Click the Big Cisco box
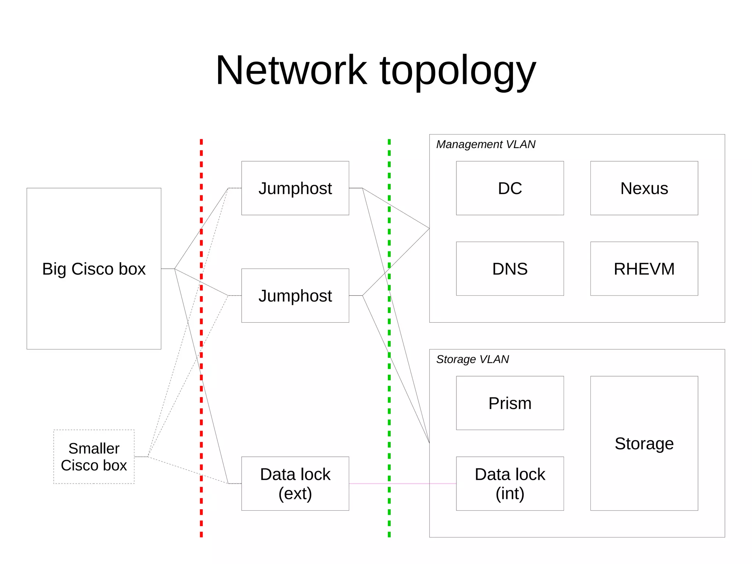click(x=94, y=269)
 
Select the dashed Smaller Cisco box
click(x=94, y=457)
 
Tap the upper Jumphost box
click(x=295, y=188)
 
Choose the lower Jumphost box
click(x=295, y=295)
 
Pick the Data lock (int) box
click(x=510, y=484)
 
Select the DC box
click(x=510, y=188)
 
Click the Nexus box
click(x=644, y=188)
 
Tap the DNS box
click(x=510, y=269)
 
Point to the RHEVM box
click(x=644, y=269)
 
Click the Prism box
click(x=510, y=403)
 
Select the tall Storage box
click(x=644, y=443)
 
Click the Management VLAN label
click(x=485, y=144)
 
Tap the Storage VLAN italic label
click(x=472, y=359)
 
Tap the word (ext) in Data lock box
click(x=295, y=493)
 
